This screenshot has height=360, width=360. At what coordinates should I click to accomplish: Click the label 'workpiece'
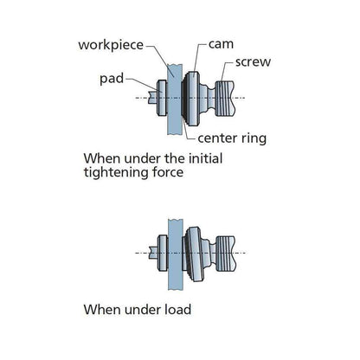click(111, 45)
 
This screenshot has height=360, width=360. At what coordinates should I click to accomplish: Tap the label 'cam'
click(221, 44)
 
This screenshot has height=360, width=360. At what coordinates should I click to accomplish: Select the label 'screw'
click(253, 62)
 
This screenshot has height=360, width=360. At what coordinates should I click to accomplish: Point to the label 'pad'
click(112, 79)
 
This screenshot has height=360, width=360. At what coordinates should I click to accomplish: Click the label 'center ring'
click(232, 138)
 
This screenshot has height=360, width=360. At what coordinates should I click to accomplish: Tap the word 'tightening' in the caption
click(116, 173)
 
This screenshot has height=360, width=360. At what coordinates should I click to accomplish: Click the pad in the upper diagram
click(162, 98)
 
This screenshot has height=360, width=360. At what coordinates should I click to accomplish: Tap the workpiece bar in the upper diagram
click(175, 100)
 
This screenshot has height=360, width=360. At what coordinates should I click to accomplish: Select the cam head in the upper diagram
click(190, 99)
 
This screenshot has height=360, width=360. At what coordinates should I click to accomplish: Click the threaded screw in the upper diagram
click(226, 99)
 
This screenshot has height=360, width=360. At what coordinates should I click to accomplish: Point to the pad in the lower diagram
click(163, 253)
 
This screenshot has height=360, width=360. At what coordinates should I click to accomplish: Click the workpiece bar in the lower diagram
click(176, 254)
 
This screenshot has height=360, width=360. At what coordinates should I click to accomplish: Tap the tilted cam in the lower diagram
click(193, 254)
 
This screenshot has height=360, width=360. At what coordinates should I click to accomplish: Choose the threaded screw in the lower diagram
click(226, 254)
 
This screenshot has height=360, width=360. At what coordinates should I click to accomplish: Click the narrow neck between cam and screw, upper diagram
click(209, 99)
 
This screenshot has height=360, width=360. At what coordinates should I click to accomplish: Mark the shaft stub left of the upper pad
click(152, 98)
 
